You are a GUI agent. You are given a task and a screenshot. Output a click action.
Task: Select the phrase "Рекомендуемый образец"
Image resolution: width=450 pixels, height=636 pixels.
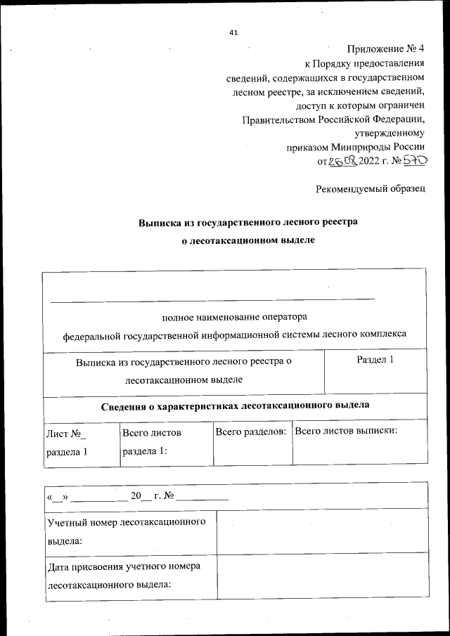[x=371, y=190]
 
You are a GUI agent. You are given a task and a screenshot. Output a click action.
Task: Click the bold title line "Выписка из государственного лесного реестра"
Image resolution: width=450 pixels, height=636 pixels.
[x=247, y=222]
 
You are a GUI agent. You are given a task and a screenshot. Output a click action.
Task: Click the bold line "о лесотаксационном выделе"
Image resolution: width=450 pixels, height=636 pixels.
[x=247, y=240]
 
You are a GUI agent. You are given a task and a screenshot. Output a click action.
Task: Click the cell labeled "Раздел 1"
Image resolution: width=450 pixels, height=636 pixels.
[x=375, y=360]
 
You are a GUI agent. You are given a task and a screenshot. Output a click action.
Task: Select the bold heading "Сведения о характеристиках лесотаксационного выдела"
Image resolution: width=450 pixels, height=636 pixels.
[x=234, y=406]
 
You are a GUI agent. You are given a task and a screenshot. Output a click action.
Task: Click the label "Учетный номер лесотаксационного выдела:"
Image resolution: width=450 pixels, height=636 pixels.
[x=127, y=531]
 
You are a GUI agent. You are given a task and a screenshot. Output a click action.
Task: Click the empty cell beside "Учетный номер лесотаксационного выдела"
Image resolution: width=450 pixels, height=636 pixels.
[x=321, y=531]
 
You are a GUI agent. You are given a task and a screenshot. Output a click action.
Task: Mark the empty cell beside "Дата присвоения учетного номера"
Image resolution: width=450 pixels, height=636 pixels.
[x=321, y=576]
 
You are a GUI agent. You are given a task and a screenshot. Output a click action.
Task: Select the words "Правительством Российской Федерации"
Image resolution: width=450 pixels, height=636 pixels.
[x=333, y=119]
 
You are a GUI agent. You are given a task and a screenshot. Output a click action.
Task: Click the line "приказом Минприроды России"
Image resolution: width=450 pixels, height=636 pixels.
[x=355, y=148]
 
